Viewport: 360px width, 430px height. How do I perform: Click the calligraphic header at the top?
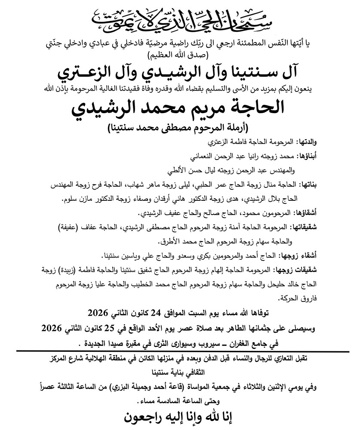coord(180,18)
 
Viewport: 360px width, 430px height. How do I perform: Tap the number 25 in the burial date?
coord(108,328)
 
